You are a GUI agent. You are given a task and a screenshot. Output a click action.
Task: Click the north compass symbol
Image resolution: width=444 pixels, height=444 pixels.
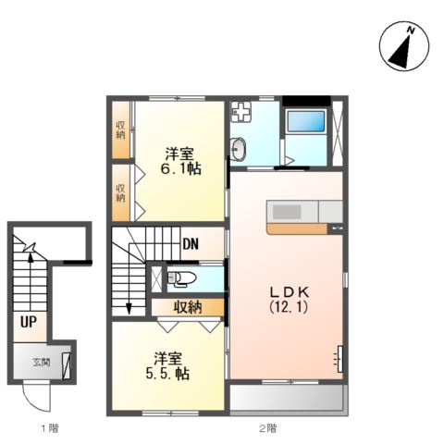[x=404, y=46]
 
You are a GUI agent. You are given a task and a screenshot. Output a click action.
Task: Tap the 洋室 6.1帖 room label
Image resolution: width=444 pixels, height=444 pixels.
[x=180, y=161]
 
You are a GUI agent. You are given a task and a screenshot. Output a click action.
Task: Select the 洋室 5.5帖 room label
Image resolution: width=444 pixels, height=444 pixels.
[x=167, y=365]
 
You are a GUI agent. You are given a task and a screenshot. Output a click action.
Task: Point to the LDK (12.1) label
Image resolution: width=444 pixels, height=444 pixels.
[x=290, y=299]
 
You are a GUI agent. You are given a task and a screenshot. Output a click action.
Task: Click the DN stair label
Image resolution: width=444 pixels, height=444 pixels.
[x=191, y=244]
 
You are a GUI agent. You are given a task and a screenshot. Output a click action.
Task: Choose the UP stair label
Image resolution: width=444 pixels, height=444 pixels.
[x=29, y=322]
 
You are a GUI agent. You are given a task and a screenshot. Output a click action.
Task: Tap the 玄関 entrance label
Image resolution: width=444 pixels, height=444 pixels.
[x=42, y=363]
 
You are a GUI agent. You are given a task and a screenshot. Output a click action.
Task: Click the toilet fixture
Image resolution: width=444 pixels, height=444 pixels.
[x=182, y=278]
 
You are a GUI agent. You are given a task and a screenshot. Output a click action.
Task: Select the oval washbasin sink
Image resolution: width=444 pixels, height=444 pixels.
[x=239, y=149]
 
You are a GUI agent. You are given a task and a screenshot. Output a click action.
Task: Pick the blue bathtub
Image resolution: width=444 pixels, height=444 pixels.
[x=306, y=121]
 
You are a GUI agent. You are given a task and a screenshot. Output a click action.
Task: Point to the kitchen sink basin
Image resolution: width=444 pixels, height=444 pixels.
[x=287, y=212]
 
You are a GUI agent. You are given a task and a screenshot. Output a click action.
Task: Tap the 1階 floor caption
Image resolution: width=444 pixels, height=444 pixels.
[x=50, y=427]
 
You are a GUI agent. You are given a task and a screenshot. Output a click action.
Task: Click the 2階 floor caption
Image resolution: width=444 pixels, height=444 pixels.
[x=267, y=427]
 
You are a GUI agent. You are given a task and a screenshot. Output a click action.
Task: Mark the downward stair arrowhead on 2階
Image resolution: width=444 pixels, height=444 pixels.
[x=129, y=309]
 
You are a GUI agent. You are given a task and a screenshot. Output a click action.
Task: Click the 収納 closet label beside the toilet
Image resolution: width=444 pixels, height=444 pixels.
[x=188, y=307]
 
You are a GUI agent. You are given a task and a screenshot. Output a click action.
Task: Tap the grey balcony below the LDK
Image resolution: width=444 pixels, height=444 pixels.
[x=287, y=398]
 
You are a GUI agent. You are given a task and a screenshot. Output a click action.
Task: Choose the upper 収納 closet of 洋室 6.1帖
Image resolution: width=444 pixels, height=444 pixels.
[x=120, y=129]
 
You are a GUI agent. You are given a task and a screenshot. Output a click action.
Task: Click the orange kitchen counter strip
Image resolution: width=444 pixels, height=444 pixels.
[x=297, y=228]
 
